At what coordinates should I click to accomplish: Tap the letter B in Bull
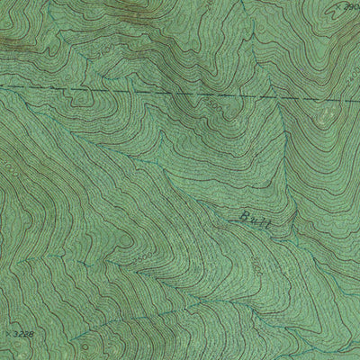pyautogui.click(x=245, y=216)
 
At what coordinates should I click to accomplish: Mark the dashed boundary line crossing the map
pyautogui.click(x=135, y=91)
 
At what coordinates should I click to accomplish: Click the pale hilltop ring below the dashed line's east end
pyautogui.click(x=322, y=117)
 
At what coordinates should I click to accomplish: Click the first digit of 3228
pyautogui.click(x=15, y=334)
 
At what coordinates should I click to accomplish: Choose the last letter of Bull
pyautogui.click(x=267, y=221)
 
